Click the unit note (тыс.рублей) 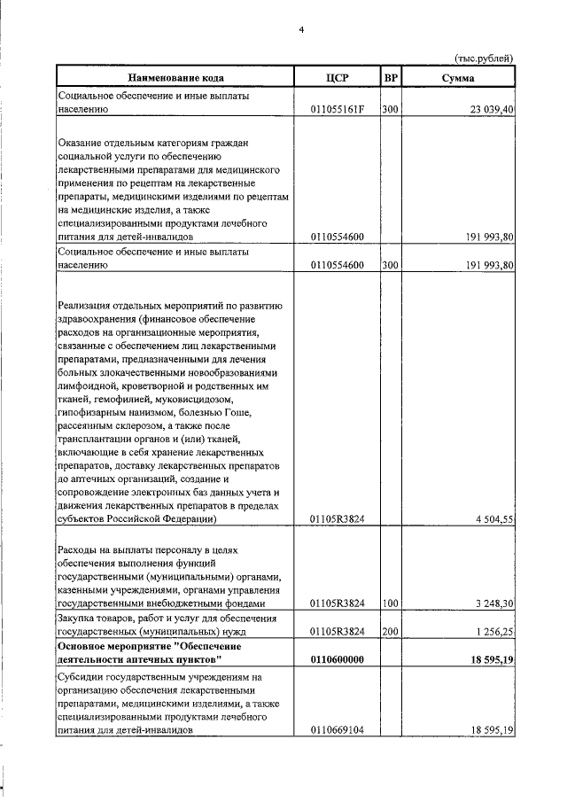pos(484,58)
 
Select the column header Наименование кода pos(175,78)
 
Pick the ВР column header pos(391,78)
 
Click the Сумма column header pos(458,78)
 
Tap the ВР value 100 pos(390,603)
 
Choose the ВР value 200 pos(390,632)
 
